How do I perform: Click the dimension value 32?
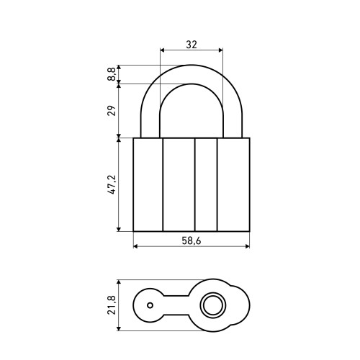(192, 45)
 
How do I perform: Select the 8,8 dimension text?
(112, 74)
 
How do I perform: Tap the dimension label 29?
(112, 110)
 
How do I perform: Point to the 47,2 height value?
(112, 184)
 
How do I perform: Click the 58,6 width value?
(192, 240)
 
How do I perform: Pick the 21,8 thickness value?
(112, 305)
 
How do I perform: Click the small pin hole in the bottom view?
(150, 305)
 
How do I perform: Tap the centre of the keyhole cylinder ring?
(213, 305)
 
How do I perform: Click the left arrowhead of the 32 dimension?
(162, 50)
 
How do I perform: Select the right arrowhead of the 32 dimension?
(220, 50)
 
